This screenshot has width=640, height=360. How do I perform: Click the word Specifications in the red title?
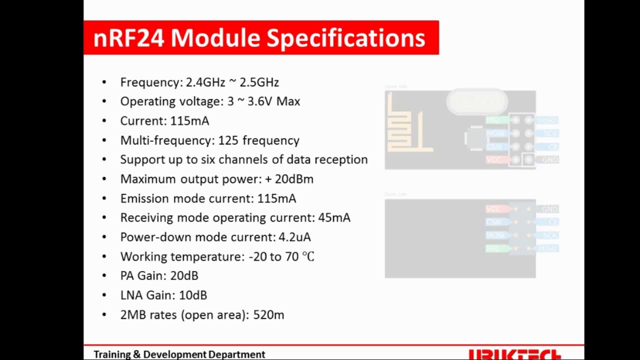[345, 38]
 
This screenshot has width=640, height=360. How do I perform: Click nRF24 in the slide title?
[128, 38]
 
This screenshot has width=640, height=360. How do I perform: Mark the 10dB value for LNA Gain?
[192, 295]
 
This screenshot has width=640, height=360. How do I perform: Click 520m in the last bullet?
[268, 314]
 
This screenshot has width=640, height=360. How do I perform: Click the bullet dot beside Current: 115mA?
[104, 121]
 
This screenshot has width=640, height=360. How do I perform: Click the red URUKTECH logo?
[515, 355]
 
